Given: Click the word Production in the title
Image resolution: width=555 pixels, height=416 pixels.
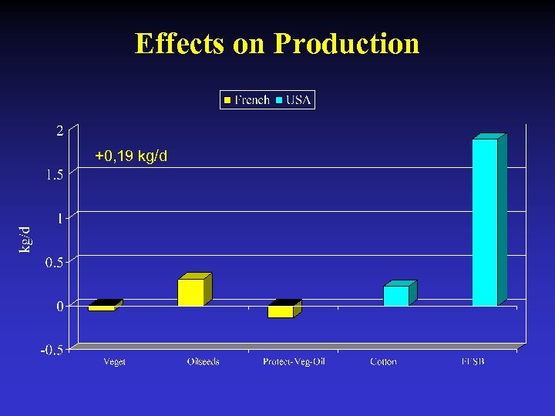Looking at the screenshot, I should point(346,43).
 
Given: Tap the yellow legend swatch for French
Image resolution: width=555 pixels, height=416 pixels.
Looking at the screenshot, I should point(228,100).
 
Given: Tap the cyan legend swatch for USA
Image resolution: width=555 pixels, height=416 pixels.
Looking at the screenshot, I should point(280,100).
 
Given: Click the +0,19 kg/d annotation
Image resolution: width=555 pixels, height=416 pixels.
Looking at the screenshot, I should point(131,157).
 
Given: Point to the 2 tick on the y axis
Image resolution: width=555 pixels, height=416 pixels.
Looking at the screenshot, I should point(59,131).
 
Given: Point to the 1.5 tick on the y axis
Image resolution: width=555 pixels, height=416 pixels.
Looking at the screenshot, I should point(54,175).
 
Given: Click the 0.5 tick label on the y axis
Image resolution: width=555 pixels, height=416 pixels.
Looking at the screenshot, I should point(54,263).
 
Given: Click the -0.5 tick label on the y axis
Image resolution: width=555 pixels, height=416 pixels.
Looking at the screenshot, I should point(52,351).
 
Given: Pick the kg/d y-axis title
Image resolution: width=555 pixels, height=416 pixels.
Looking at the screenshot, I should point(25,239).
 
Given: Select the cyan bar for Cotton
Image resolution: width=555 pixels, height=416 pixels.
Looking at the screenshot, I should point(395,296).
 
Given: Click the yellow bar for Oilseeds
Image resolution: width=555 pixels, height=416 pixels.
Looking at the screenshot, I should point(191,292).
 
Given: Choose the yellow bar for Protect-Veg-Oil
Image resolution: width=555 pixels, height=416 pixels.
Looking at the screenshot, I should point(281,311).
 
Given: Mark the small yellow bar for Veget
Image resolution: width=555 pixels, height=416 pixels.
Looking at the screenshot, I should point(102,307).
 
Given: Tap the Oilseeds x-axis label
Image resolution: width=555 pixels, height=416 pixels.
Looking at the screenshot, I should point(203,361).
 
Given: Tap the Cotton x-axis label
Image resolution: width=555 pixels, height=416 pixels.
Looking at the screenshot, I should point(383,361).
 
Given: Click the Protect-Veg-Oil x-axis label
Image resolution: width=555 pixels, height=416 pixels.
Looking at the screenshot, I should point(294,361).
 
